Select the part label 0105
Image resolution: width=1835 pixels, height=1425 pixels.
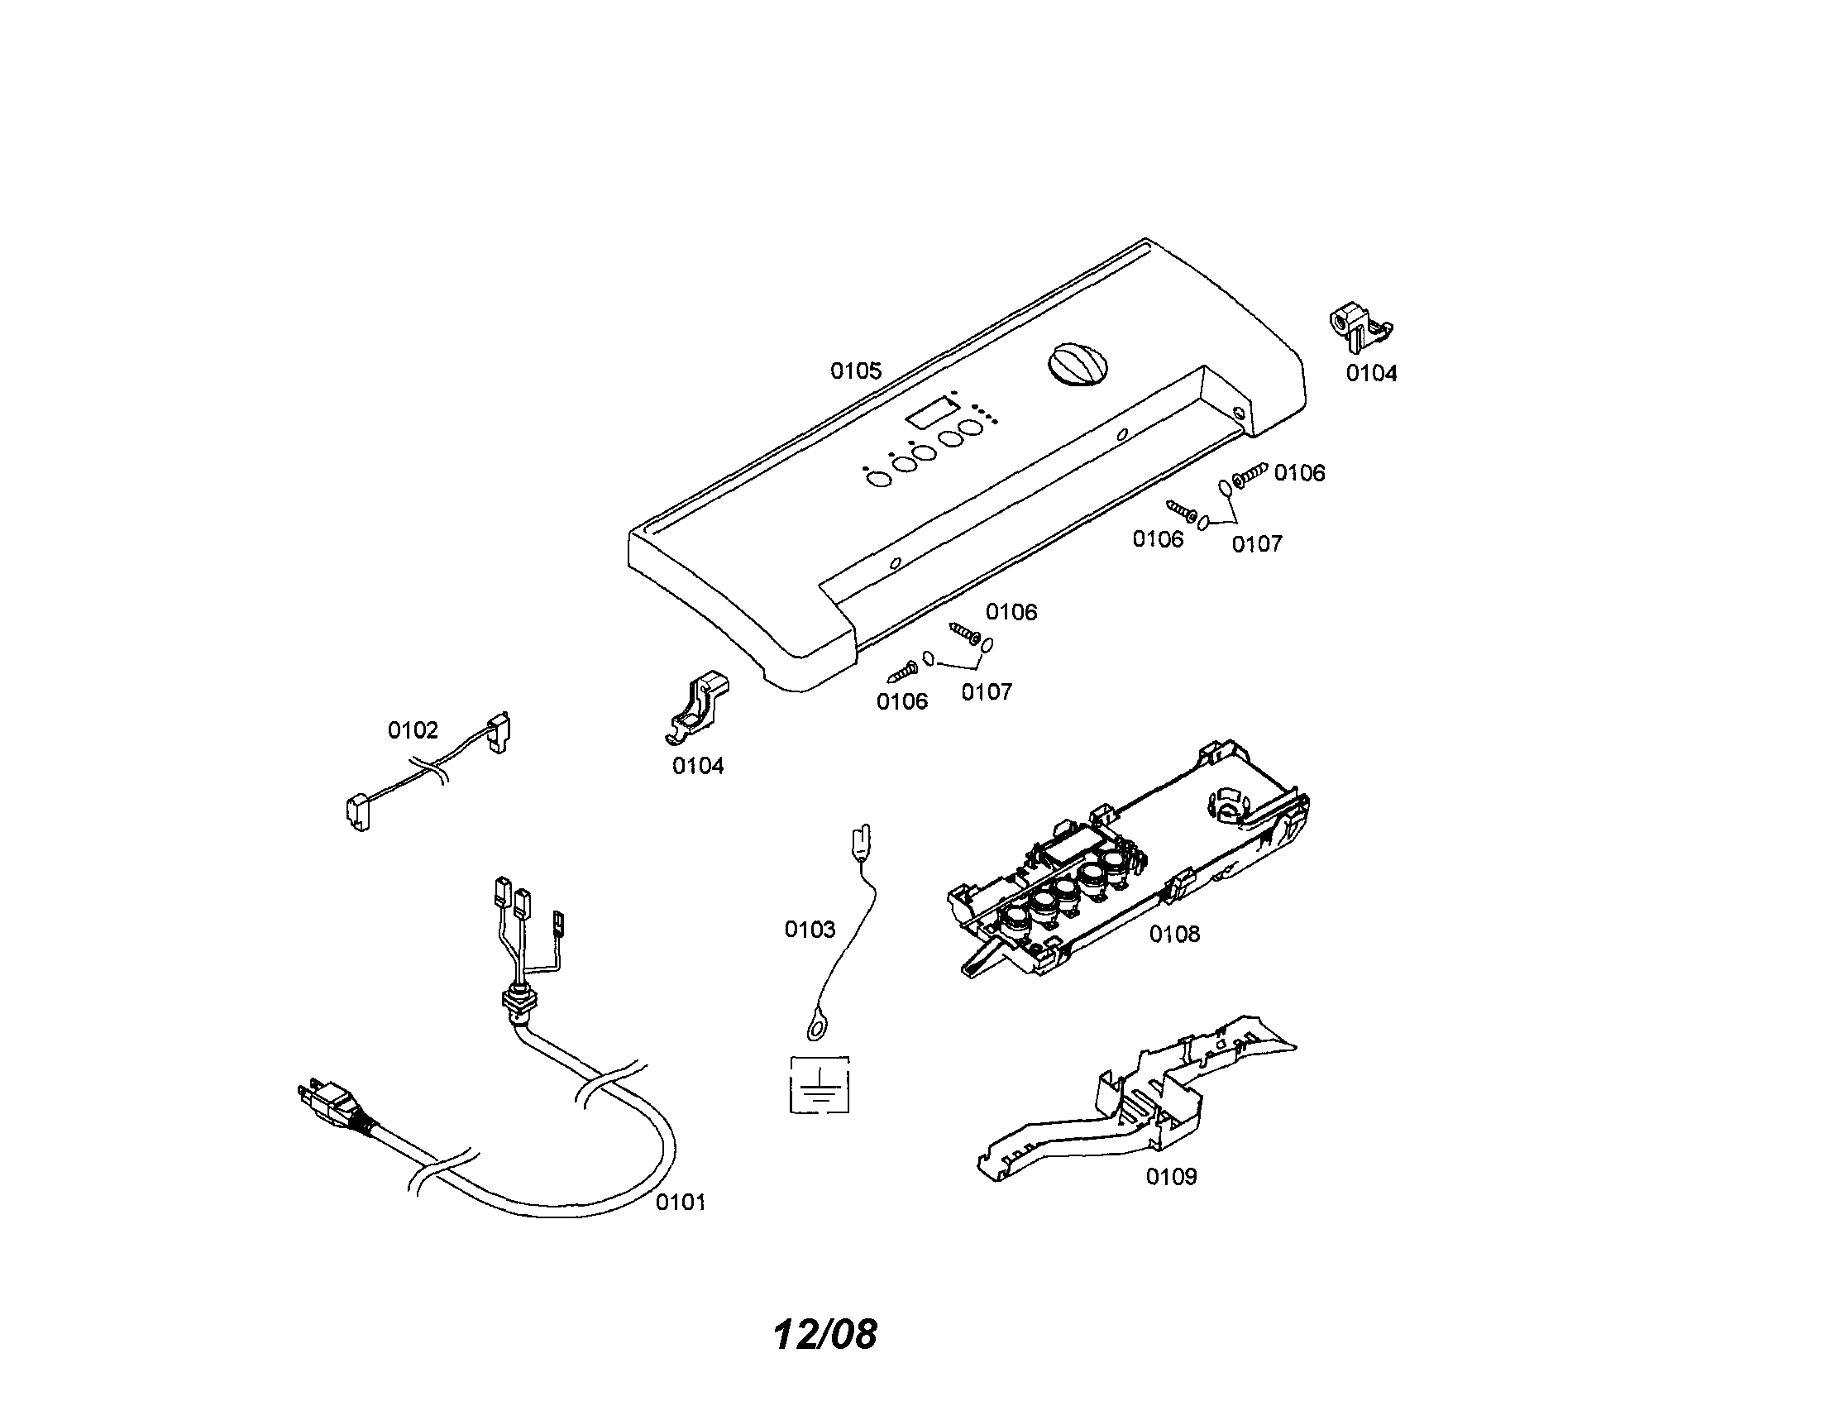(856, 371)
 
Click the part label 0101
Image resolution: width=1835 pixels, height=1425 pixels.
(681, 1203)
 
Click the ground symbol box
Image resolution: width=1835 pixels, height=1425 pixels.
(820, 1085)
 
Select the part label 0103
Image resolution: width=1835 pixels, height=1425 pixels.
(810, 930)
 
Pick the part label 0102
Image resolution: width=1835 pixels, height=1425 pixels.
(413, 730)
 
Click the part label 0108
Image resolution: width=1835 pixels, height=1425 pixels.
(1174, 934)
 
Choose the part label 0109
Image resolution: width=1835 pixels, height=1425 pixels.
(1171, 1176)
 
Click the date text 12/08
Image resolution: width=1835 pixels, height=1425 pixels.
(825, 1333)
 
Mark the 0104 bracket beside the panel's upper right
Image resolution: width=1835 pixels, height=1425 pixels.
(1360, 328)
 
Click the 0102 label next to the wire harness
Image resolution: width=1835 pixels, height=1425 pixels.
(413, 730)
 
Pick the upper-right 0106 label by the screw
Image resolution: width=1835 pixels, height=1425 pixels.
(1300, 473)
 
